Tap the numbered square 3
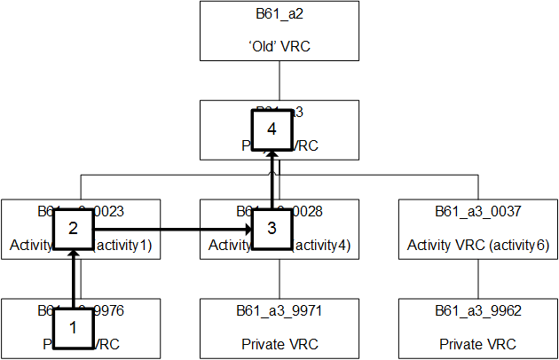point(272,228)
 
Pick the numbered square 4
point(272,129)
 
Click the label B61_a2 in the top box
point(279,14)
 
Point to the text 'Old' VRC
point(279,46)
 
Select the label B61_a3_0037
point(478,213)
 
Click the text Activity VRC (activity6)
point(478,245)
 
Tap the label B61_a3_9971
point(279,312)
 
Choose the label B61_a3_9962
point(478,312)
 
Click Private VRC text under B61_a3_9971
point(279,344)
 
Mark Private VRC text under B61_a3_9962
point(478,344)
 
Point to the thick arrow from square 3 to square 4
point(272,177)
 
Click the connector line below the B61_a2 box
point(279,80)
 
